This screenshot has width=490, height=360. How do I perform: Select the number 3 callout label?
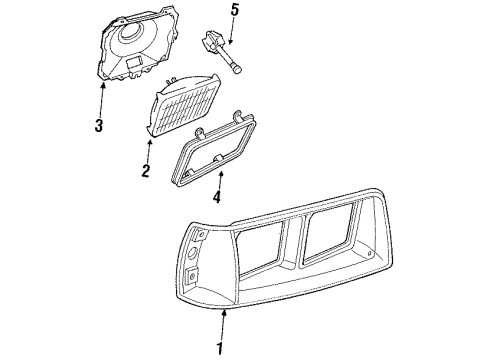click(x=98, y=125)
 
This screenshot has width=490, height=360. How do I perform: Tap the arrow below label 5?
click(x=232, y=34)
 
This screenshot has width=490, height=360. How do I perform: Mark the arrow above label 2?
click(x=149, y=149)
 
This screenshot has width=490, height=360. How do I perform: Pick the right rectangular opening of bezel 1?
click(x=341, y=236)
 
